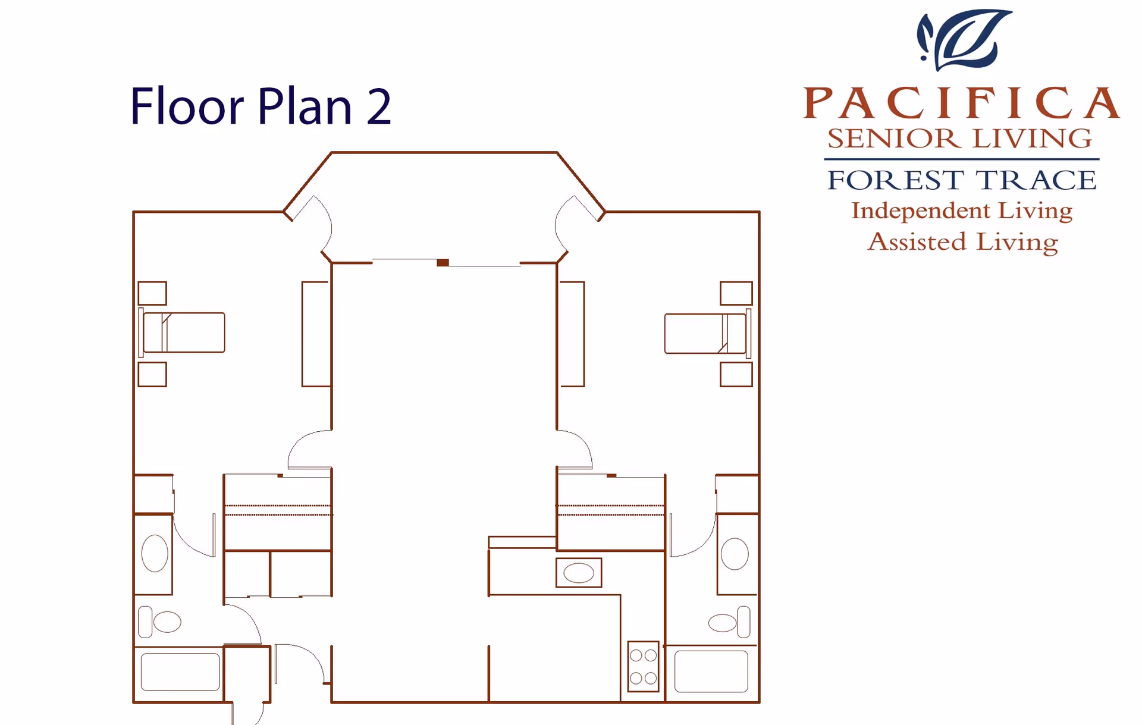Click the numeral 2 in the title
click(379, 107)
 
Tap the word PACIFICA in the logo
click(961, 103)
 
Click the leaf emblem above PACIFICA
click(964, 39)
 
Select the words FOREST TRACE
click(961, 180)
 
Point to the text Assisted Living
click(962, 242)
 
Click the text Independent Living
click(961, 211)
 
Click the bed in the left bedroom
click(183, 332)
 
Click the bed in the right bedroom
click(706, 334)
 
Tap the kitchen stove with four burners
click(643, 666)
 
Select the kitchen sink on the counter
click(579, 573)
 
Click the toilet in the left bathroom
click(159, 622)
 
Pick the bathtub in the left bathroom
click(180, 672)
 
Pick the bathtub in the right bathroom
click(711, 671)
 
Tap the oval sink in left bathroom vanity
click(155, 553)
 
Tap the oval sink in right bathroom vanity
click(735, 554)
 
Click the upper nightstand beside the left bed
click(152, 293)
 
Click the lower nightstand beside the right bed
click(736, 375)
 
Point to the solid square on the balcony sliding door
click(443, 262)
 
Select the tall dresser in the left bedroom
click(316, 334)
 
